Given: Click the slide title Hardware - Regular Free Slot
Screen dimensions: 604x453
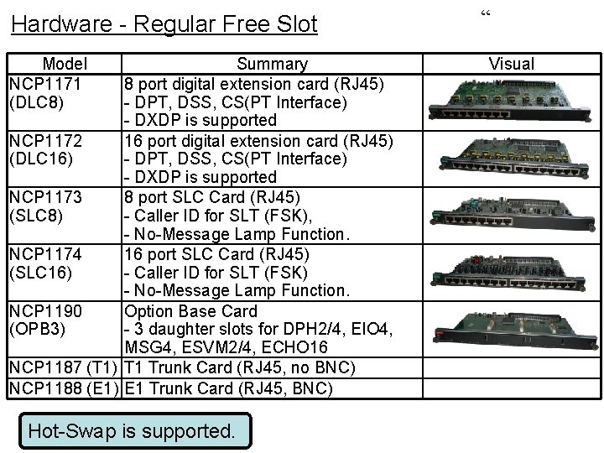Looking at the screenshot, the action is tap(164, 23).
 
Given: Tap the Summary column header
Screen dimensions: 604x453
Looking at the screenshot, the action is tap(272, 64).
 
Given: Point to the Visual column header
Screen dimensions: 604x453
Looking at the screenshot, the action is tap(511, 64).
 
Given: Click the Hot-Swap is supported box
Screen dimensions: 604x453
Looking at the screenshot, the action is tap(132, 431).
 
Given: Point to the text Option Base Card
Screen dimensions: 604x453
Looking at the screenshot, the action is tap(190, 311).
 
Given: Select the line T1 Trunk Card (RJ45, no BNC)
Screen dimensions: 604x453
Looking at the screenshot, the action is tap(240, 367).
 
